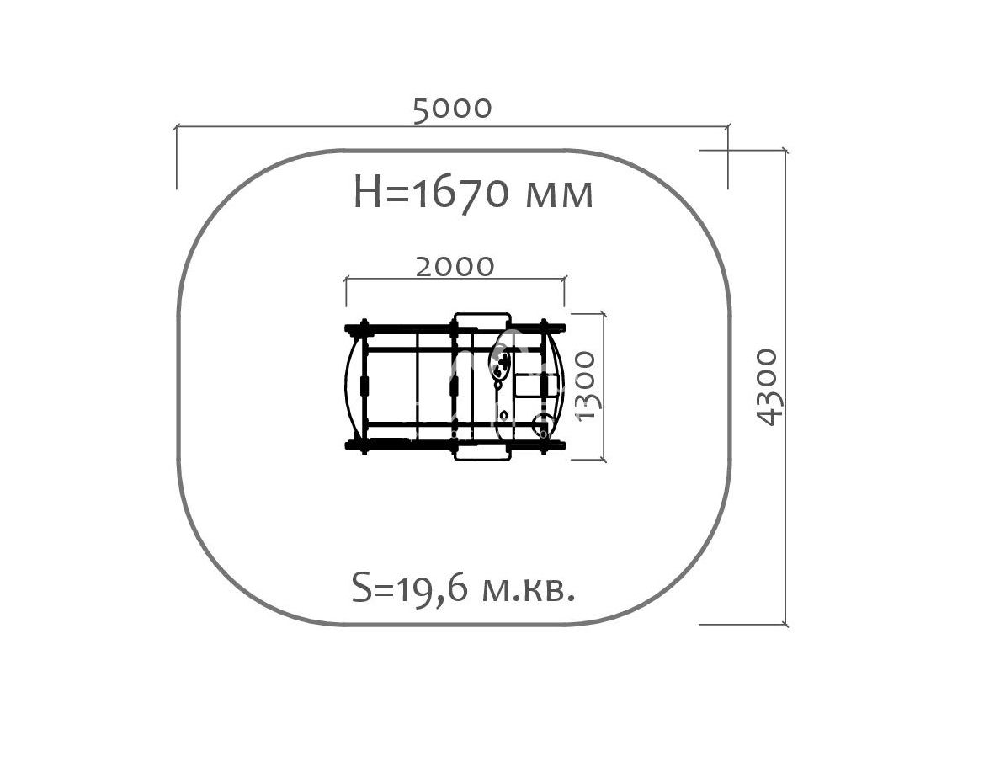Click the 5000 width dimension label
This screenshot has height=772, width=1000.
click(452, 109)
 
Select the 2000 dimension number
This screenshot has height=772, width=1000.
click(455, 267)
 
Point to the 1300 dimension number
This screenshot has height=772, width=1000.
click(585, 386)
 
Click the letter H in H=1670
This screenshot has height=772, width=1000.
click(367, 193)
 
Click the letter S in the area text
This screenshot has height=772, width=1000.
click(361, 588)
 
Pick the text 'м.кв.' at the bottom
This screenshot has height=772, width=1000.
click(528, 591)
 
